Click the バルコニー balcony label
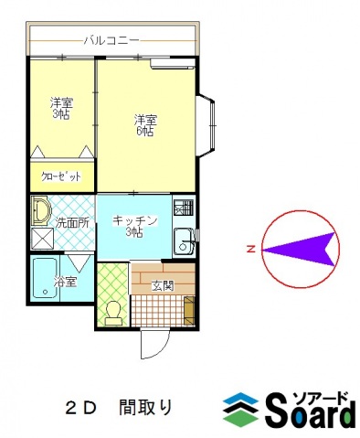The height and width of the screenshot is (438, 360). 111,41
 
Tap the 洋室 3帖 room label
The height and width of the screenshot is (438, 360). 61,108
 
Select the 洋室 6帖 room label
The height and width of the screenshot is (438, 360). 144,125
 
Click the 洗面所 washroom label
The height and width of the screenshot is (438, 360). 70,222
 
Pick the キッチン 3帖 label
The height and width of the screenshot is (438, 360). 135,226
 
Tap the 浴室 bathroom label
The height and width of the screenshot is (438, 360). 64,281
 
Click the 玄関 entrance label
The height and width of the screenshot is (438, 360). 162,286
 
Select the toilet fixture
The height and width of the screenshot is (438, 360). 113,312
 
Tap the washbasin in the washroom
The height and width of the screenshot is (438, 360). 41,212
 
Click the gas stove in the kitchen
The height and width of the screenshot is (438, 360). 183,208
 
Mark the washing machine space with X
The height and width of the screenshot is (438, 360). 42,240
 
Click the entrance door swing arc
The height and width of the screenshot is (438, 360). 152,346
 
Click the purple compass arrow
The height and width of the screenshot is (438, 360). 301,249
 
